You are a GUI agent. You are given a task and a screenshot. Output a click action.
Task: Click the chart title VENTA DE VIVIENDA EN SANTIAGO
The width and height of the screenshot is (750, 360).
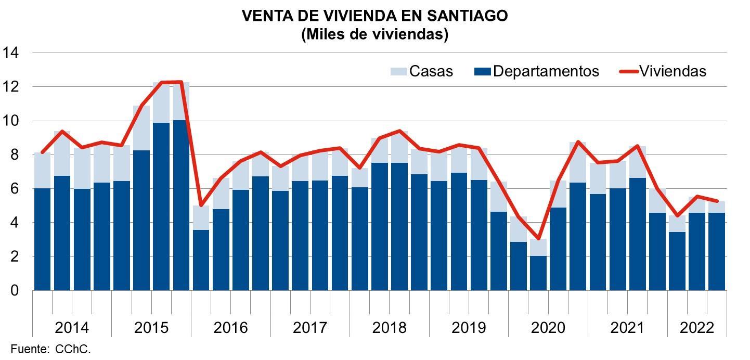click(x=374, y=16)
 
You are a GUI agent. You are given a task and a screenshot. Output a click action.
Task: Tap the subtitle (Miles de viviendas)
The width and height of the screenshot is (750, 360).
click(x=374, y=34)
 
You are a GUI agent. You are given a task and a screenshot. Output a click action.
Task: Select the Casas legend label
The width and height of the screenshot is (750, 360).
click(x=431, y=71)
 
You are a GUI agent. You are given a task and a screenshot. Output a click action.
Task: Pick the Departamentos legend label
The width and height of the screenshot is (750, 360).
click(x=546, y=71)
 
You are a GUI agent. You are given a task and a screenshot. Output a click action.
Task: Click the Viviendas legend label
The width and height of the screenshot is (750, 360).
click(x=673, y=71)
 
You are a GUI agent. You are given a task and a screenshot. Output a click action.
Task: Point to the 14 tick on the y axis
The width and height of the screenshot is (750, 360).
click(x=11, y=53)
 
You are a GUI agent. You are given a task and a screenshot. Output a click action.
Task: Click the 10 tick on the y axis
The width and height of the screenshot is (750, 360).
click(x=11, y=121)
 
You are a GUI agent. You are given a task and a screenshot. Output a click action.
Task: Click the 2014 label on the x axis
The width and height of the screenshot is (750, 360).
click(x=72, y=328)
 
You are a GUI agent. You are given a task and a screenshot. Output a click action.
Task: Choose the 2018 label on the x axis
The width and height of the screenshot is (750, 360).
click(x=390, y=328)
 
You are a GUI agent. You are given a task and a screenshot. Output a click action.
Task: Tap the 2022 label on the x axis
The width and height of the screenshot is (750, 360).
click(x=697, y=328)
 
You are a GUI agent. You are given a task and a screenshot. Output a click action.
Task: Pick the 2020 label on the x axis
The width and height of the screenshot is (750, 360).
click(x=548, y=328)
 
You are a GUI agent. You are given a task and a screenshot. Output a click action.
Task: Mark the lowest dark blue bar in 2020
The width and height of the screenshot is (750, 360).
click(x=538, y=273)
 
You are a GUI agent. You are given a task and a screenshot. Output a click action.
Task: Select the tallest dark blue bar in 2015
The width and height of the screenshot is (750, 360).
click(x=181, y=205)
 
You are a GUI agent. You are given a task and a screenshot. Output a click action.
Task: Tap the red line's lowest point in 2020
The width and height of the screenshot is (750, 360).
click(x=538, y=239)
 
